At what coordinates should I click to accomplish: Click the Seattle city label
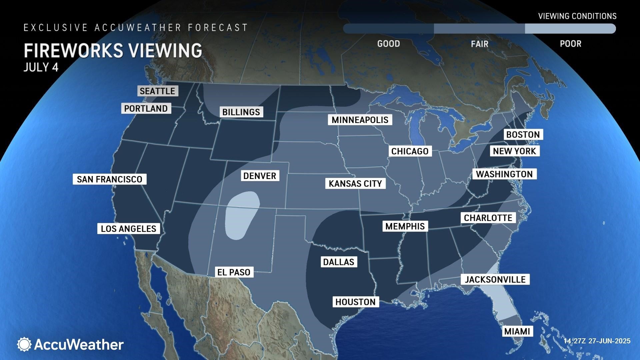click(158, 91)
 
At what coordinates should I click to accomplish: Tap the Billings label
click(241, 112)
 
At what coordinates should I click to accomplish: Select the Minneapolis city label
click(360, 120)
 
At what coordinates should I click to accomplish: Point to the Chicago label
click(410, 151)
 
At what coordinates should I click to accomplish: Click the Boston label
click(523, 135)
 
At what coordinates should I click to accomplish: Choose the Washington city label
click(504, 174)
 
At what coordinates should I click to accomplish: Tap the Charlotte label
click(488, 218)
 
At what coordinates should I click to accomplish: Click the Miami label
click(517, 331)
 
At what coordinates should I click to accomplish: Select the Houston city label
click(355, 302)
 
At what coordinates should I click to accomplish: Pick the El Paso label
click(234, 272)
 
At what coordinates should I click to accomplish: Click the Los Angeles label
click(128, 229)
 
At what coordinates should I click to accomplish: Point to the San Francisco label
click(109, 179)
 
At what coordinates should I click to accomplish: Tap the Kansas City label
click(355, 184)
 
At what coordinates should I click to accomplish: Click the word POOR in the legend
click(570, 44)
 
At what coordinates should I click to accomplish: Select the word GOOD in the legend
click(388, 44)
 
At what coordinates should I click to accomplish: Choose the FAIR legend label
click(479, 44)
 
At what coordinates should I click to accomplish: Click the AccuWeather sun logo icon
click(24, 344)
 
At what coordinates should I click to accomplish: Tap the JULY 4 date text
click(41, 67)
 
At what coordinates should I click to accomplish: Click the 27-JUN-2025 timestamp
click(609, 341)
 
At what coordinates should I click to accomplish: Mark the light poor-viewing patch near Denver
click(242, 215)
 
